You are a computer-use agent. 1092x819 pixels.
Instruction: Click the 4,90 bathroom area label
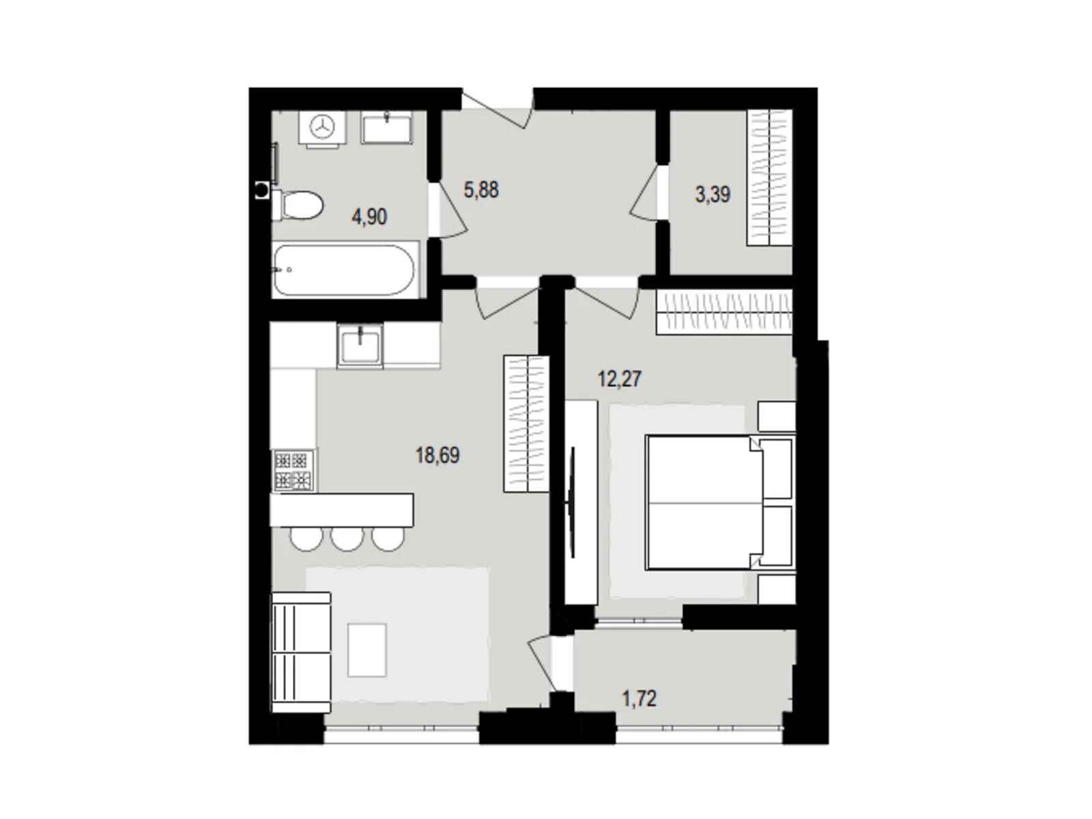pos(369,217)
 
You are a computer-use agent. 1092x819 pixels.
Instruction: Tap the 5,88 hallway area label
pos(481,190)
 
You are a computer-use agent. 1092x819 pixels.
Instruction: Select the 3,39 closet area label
pos(713,195)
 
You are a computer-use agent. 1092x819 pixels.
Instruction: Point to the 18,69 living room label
pos(437,455)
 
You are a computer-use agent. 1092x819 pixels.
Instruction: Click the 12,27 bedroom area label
pos(620,379)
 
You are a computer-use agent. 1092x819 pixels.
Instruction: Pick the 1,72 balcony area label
pos(639,699)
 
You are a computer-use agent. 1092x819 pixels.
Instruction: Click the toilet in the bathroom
pos(298,205)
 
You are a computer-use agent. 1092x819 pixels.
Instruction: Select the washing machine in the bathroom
pos(321,127)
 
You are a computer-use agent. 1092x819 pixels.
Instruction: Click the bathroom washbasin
pos(386,128)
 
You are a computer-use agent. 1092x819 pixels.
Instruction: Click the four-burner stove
pos(293,470)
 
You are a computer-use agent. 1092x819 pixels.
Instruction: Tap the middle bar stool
pos(347,538)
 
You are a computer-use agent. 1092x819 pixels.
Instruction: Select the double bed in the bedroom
pos(703,502)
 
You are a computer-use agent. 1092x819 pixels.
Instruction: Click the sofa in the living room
pos(300,652)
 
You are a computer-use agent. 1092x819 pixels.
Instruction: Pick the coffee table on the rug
pos(367,649)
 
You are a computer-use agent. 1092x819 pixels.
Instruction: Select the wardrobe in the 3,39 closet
pos(770,177)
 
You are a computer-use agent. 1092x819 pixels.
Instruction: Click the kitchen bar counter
pos(341,510)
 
